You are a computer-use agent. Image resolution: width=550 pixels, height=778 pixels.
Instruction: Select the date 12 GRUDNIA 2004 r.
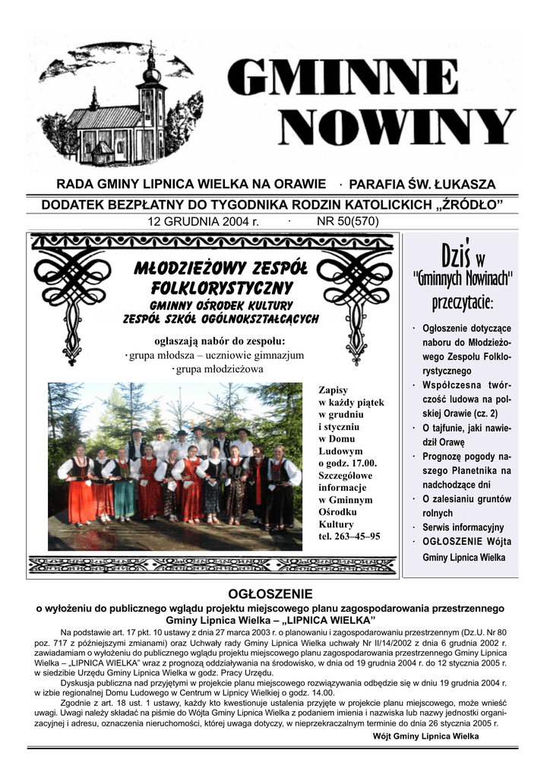pos(204,222)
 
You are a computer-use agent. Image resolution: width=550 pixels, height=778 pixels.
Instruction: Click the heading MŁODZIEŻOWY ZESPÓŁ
pos(220,269)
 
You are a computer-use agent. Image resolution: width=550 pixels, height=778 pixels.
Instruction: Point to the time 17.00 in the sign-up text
pos(362,463)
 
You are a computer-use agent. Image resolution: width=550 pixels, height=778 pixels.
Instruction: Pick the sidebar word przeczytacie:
pos(463,303)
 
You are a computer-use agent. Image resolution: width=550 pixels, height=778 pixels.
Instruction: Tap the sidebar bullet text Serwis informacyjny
pos(463,527)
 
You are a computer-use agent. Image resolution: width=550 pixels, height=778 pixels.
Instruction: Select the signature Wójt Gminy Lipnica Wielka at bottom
pos(426,736)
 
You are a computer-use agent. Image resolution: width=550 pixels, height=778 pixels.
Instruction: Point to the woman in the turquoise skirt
pos(125,486)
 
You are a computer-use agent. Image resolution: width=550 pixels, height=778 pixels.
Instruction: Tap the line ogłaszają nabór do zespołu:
pos(220,340)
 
